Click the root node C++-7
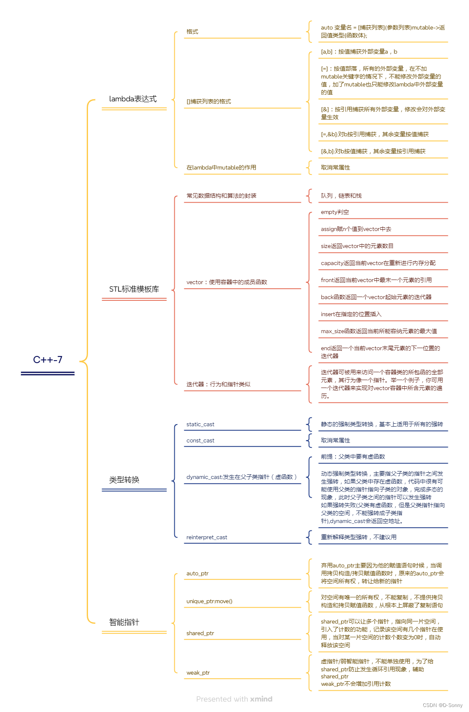click(x=48, y=360)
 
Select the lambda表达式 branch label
click(x=133, y=99)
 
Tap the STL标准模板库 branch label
click(x=134, y=289)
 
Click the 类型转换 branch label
click(x=124, y=480)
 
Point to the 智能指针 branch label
click(x=124, y=622)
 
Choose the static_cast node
click(x=200, y=424)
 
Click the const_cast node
click(x=200, y=440)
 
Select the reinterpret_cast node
click(x=207, y=537)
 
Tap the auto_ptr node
click(x=197, y=573)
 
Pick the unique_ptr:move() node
click(x=209, y=601)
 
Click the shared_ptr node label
click(x=200, y=633)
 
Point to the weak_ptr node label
click(x=198, y=673)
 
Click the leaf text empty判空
click(x=335, y=212)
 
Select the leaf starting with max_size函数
click(x=379, y=331)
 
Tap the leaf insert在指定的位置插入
click(x=351, y=314)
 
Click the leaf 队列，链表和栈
click(x=341, y=196)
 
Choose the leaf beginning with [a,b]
click(x=359, y=52)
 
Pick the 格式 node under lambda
click(x=192, y=32)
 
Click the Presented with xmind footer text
click(x=234, y=699)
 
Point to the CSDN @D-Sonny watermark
click(x=442, y=705)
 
